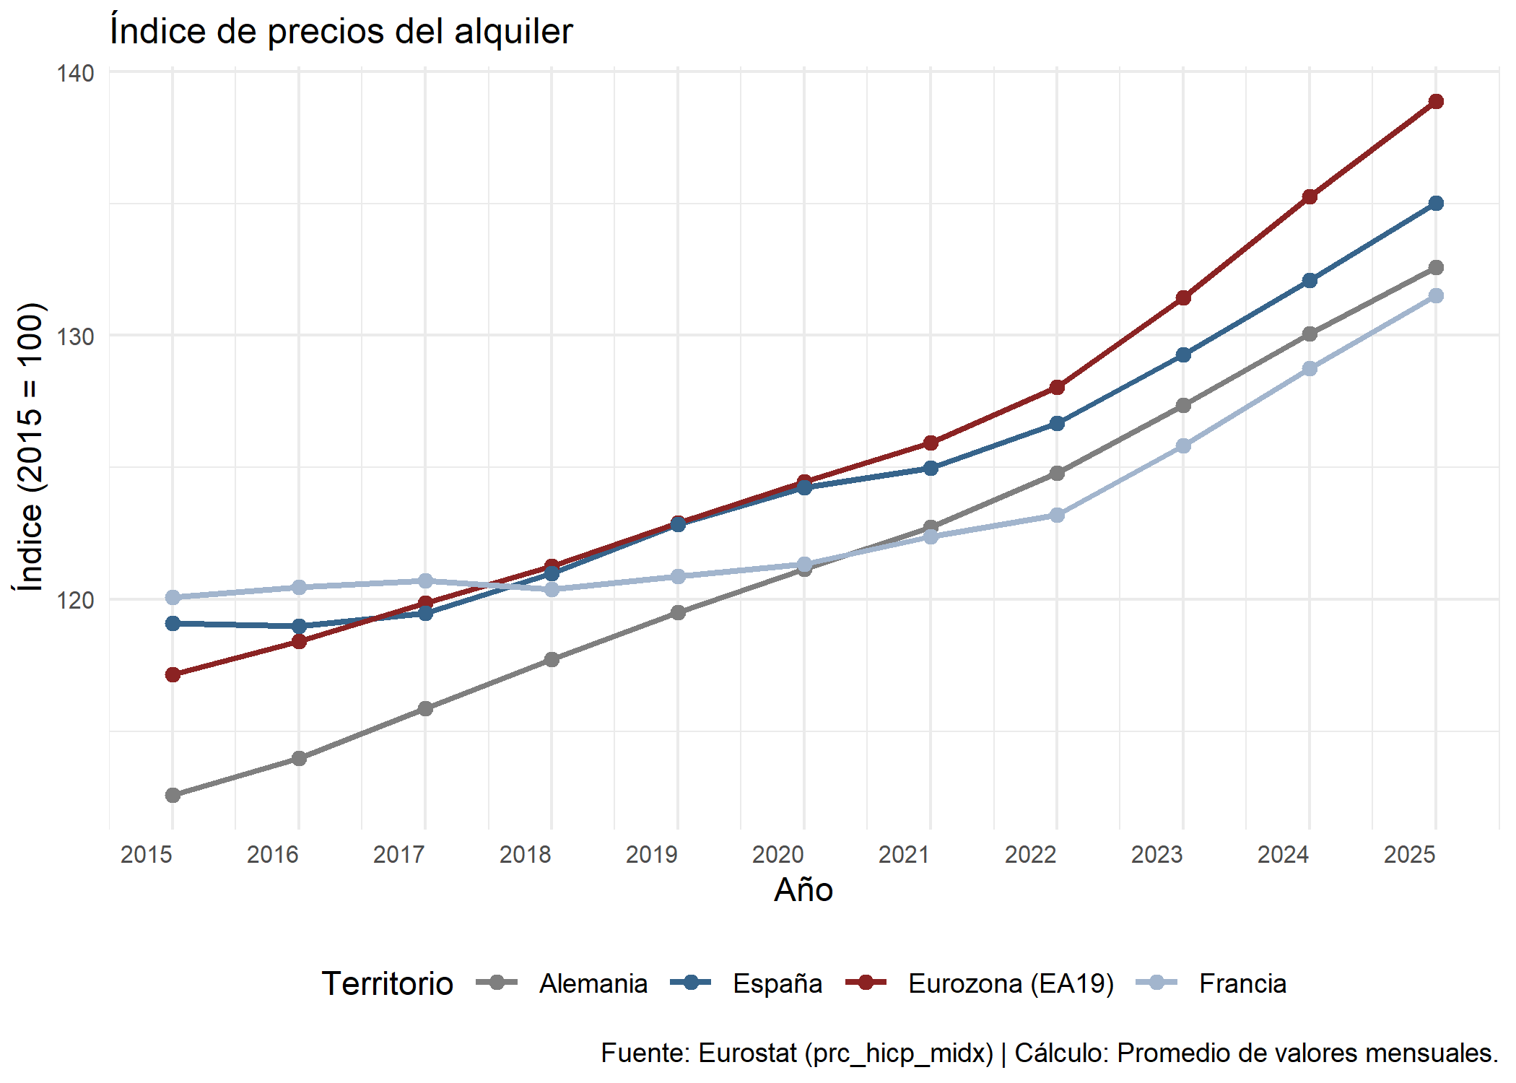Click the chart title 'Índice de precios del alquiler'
point(341,32)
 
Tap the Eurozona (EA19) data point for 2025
point(1436,102)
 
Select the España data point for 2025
point(1436,204)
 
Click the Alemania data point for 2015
point(173,795)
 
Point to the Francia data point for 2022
point(1057,515)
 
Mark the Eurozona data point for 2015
point(173,674)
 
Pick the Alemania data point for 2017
point(425,708)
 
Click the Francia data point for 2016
point(299,587)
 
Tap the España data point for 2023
point(1183,355)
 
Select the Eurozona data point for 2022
point(1057,387)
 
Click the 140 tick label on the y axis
point(75,73)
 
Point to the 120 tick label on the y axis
point(75,599)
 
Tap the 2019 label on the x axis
point(651,855)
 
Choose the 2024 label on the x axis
point(1283,855)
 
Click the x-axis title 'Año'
point(803,890)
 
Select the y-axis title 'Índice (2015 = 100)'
point(30,448)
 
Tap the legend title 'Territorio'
point(387,983)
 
